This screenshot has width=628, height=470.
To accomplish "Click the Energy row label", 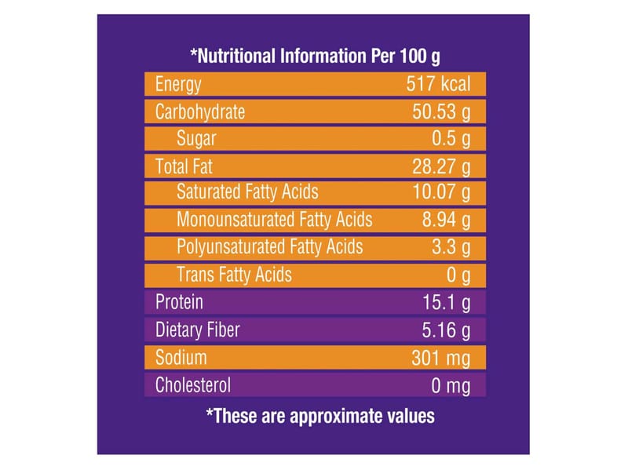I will pos(178,85).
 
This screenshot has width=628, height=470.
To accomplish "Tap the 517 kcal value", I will pos(438,85).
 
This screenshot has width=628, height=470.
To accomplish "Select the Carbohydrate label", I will pos(200,111).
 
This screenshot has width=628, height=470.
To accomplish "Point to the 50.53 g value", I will pos(441,111).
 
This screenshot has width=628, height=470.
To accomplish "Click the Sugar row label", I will pos(196,139).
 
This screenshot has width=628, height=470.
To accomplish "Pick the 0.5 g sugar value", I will pos(450,139).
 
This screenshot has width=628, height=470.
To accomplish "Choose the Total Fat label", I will pos(184,166).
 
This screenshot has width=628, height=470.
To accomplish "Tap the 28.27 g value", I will pos(441,166).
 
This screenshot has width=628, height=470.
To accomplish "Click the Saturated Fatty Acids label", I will pos(247,192).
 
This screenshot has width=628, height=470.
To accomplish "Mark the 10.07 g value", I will pos(441,192).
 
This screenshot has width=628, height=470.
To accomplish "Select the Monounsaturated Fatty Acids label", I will pos(275,220).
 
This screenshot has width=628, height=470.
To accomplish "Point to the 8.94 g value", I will pos(446,220).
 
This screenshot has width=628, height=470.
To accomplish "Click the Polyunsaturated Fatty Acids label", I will pos(270,247).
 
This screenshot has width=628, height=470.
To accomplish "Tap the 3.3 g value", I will pos(450,247).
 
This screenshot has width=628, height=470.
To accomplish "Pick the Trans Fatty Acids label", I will pos(234,275).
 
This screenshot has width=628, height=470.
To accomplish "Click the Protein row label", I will pos(180,302).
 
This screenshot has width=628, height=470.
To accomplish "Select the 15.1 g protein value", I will pos(446,302).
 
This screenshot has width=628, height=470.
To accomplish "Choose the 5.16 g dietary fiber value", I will pos(446,330).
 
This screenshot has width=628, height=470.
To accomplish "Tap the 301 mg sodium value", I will pos(440,358).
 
